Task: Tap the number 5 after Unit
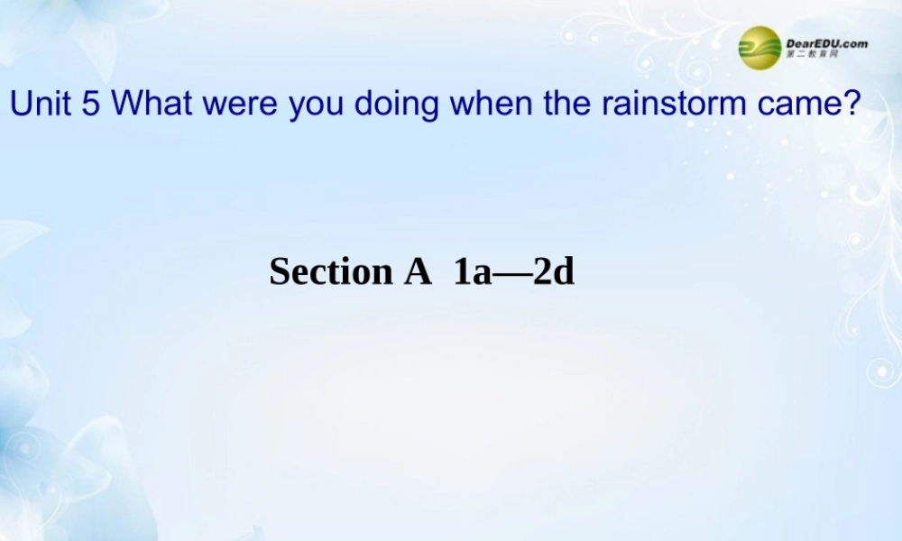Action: (x=90, y=104)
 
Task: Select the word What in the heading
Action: (x=153, y=104)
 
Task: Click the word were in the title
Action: (x=242, y=104)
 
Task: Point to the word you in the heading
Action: (x=317, y=105)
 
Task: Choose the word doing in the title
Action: (x=396, y=105)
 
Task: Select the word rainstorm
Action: (x=670, y=104)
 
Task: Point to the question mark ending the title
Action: (x=848, y=104)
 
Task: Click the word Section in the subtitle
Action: (x=330, y=271)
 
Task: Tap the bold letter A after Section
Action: (x=417, y=271)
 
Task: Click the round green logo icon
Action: (x=759, y=47)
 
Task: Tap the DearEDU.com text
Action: (x=827, y=41)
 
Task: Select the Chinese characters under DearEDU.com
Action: (x=813, y=55)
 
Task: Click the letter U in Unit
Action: (x=20, y=104)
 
